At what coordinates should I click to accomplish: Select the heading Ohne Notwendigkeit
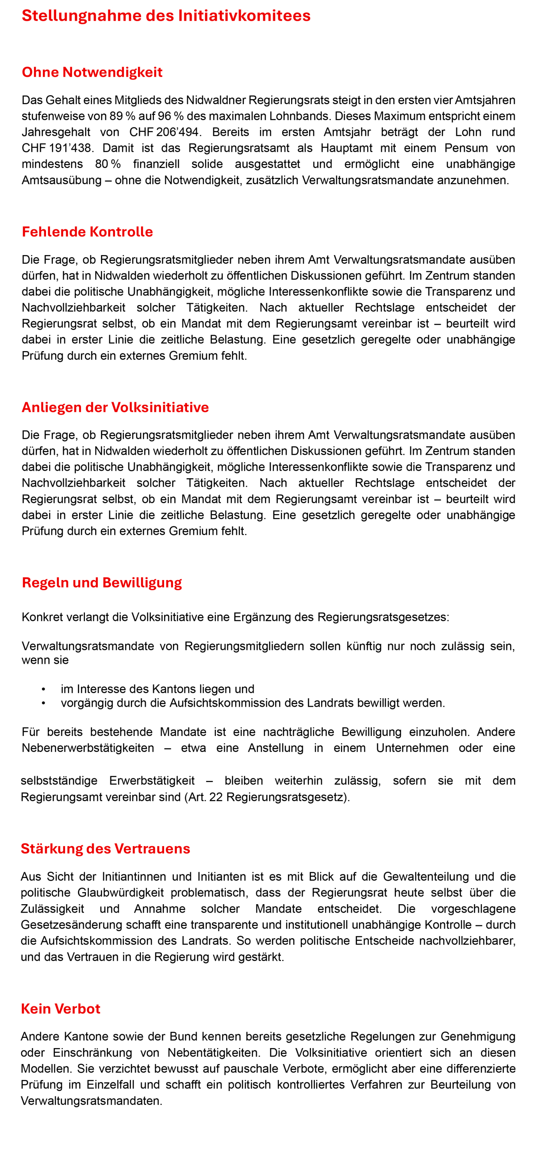pyautogui.click(x=92, y=72)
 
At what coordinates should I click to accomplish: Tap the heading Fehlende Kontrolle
pyautogui.click(x=87, y=232)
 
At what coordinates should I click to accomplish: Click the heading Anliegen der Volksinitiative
pyautogui.click(x=115, y=407)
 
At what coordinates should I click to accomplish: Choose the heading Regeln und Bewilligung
pyautogui.click(x=102, y=582)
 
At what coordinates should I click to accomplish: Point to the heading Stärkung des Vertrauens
pyautogui.click(x=106, y=848)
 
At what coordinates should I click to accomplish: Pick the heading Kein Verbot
pyautogui.click(x=61, y=1008)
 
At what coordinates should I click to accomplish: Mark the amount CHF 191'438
pyautogui.click(x=56, y=148)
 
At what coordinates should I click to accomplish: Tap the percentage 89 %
pyautogui.click(x=123, y=116)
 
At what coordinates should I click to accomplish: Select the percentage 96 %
pyautogui.click(x=170, y=116)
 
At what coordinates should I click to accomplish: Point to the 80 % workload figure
pyautogui.click(x=108, y=164)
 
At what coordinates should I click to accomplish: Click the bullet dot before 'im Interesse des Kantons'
pyautogui.click(x=43, y=689)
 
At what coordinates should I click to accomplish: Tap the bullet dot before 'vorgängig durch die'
pyautogui.click(x=43, y=703)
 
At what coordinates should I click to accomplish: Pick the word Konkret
pyautogui.click(x=42, y=617)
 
